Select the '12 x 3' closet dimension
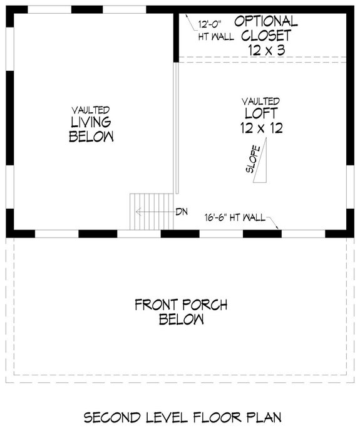tap(262, 50)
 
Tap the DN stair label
tap(182, 211)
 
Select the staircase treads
tap(150, 212)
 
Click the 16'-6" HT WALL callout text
tap(235, 218)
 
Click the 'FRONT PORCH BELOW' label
tap(181, 312)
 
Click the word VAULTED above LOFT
tap(262, 101)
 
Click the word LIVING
tap(91, 122)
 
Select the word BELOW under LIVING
tap(91, 136)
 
